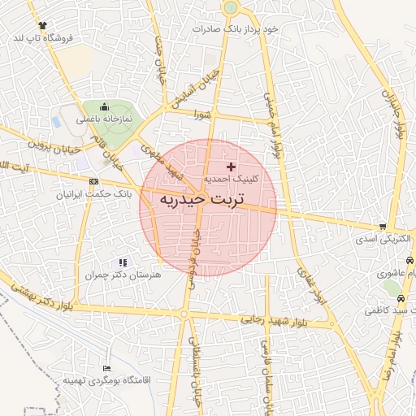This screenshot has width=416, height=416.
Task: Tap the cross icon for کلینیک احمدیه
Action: click(231, 166)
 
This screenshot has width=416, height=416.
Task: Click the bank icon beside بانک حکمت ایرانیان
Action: click(94, 181)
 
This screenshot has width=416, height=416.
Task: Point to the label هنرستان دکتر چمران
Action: click(122, 275)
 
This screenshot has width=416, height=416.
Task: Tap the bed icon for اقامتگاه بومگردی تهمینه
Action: click(106, 367)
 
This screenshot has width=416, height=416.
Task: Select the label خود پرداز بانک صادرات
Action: click(236, 28)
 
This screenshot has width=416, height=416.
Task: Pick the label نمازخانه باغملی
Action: click(103, 119)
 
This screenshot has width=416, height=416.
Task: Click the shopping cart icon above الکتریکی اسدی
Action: click(382, 227)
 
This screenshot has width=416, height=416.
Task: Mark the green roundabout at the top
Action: click(230, 7)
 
